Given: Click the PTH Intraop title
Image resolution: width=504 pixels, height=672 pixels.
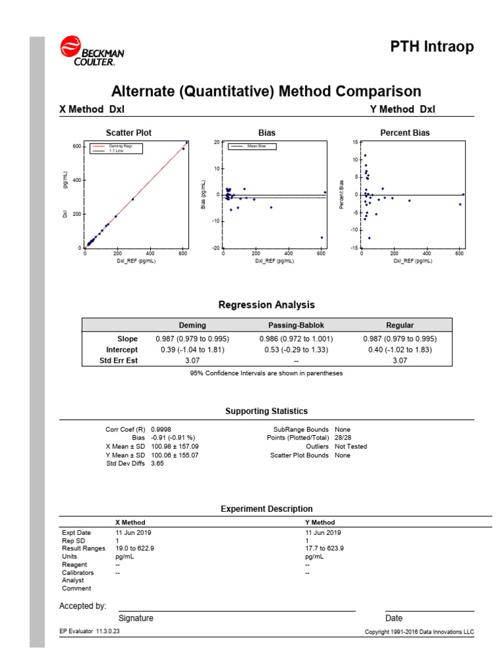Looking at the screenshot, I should (432, 47).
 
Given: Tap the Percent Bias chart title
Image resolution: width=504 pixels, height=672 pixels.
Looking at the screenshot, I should (405, 133).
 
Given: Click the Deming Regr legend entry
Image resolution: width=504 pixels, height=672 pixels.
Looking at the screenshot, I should (119, 146).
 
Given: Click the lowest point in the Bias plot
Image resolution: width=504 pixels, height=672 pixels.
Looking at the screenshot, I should (322, 238).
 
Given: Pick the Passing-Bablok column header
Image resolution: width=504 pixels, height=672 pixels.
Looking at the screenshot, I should (296, 325).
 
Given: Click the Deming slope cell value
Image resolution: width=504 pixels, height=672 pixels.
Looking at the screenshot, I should (192, 339).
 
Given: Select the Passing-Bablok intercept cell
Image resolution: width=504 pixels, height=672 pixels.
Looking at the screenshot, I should (296, 350).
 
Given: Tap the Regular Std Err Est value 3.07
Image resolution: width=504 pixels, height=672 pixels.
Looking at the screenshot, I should (399, 361).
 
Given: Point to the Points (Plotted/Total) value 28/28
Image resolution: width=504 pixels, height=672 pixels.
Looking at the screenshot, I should (343, 438).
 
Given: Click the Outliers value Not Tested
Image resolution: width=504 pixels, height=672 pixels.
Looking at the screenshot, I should (350, 446).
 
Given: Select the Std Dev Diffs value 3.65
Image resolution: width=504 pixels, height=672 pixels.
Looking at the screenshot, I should (158, 463).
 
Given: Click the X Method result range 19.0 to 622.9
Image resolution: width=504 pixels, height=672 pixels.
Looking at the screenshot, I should (135, 549).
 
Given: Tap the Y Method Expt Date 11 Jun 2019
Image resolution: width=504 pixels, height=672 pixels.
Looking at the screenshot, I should (323, 533).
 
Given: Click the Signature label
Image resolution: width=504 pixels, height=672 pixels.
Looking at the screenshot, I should (136, 618).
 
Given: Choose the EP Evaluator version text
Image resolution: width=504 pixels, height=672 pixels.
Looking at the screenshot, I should (90, 631).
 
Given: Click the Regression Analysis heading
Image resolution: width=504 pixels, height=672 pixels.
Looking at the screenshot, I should (266, 305).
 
